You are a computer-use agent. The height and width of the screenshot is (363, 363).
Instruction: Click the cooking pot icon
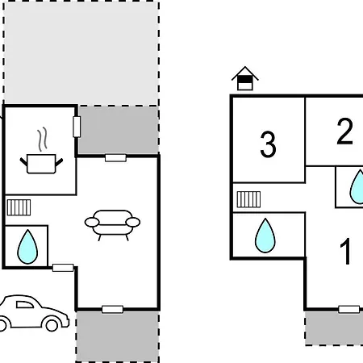41,164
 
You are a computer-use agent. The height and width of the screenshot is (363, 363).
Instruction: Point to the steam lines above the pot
43,140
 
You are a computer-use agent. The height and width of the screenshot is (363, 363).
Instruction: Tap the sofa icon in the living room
112,225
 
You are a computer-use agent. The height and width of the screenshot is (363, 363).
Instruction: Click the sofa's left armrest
92,223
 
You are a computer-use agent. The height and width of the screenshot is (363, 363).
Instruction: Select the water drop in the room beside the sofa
27,246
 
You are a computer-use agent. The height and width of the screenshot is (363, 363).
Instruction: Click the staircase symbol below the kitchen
19,207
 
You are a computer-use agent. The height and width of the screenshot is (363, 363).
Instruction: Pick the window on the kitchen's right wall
77,127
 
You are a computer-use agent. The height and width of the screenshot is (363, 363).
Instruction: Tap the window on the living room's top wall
115,158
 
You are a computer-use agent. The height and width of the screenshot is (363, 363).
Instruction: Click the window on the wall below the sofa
113,310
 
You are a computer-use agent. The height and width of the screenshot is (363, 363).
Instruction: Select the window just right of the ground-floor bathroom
63,268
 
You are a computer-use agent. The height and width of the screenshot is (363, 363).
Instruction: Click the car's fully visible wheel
52,325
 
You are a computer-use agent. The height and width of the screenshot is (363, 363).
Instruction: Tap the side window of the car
25,305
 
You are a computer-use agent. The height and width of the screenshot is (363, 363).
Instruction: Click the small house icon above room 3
245,78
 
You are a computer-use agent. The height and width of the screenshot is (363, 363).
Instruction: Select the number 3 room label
268,144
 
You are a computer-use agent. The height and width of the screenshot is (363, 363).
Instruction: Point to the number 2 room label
344,131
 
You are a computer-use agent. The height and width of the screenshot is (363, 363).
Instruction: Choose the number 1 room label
346,251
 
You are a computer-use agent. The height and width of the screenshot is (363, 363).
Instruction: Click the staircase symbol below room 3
248,199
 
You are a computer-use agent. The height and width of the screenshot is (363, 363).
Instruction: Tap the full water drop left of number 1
265,236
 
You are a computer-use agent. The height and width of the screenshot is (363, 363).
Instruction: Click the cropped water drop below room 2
357,186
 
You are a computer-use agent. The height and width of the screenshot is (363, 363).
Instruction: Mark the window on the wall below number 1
349,309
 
